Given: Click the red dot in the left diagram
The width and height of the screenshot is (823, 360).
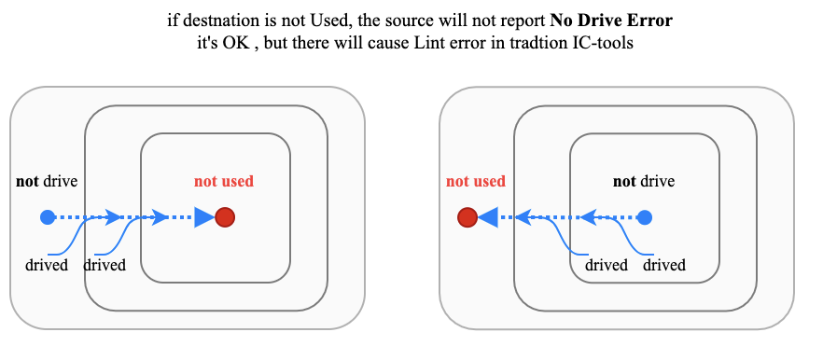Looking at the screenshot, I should click(x=224, y=217).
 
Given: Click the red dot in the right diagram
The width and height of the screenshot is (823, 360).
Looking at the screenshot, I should click(x=467, y=218).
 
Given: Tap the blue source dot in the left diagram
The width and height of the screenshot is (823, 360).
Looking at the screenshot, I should click(x=48, y=217).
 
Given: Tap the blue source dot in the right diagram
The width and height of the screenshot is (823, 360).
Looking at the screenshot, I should click(x=644, y=217).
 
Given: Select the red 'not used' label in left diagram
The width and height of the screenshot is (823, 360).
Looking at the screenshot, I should click(x=224, y=182).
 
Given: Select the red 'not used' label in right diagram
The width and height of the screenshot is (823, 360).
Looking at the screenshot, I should click(x=475, y=182).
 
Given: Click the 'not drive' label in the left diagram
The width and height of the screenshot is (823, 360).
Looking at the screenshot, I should click(x=47, y=181).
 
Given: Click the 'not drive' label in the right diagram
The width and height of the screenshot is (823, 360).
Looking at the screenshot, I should click(x=644, y=181).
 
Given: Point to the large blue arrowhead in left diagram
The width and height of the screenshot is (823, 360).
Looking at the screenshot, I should click(x=203, y=218).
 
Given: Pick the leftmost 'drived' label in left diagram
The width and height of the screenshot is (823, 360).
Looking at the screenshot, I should click(x=47, y=265).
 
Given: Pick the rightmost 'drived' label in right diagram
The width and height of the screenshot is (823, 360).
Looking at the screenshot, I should click(x=664, y=265).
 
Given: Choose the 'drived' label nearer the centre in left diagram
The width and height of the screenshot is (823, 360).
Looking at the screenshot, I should click(x=105, y=265).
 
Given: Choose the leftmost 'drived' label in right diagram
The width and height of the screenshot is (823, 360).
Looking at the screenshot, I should click(x=607, y=265).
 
